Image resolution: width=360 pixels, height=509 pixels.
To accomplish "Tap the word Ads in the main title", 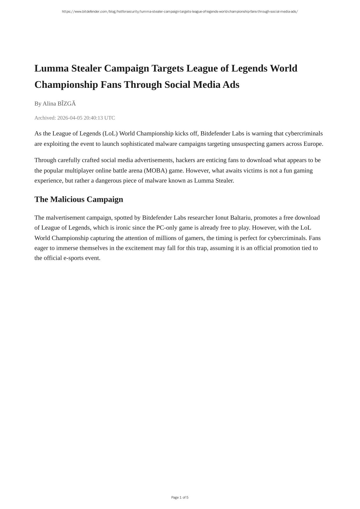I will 231,85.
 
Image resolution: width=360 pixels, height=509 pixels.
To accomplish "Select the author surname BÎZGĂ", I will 66,103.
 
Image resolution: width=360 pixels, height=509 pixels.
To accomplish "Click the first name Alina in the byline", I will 49,103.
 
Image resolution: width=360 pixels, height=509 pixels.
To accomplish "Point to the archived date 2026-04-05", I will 70,118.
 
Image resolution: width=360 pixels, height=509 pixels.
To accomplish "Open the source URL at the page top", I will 180,12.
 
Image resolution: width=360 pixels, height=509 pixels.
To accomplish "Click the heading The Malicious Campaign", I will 79,199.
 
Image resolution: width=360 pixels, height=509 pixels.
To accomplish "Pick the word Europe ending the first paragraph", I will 313,144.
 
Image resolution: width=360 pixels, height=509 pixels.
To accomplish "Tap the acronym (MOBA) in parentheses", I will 155,170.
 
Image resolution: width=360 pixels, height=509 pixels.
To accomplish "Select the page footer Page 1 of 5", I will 180,497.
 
